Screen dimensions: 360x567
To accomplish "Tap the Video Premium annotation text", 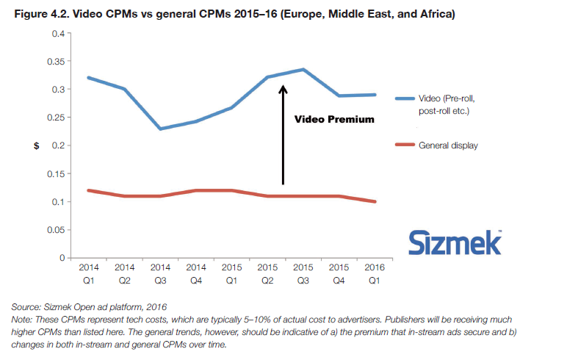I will [334, 119].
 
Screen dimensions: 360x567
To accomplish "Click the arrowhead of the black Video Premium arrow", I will [283, 90].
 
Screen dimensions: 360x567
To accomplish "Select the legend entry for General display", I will [448, 145].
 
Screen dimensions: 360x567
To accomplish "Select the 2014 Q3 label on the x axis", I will [160, 273].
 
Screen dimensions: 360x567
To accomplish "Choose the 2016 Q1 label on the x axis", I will [376, 273].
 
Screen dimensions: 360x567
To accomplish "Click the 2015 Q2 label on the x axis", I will [268, 273].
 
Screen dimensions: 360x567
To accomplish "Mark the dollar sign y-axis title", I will [36, 145].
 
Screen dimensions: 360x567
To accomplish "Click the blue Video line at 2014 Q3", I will [160, 129].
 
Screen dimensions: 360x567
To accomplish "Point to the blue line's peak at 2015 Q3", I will [304, 70].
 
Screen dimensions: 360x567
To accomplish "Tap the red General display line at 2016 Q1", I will [376, 201].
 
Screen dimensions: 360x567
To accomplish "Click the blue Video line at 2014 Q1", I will [88, 77].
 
